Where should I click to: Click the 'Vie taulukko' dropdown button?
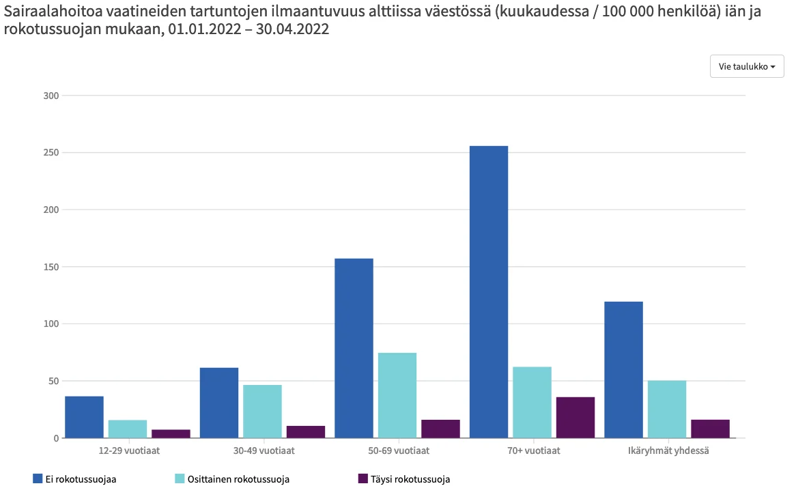(747, 66)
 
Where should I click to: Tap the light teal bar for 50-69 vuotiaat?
(397, 395)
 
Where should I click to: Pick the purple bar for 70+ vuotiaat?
(575, 417)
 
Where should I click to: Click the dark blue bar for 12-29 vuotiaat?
(84, 417)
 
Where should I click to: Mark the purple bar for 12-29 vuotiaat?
(171, 433)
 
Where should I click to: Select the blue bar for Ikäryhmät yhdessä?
(623, 369)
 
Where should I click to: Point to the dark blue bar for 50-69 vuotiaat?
(354, 348)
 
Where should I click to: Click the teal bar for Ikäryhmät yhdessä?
(667, 409)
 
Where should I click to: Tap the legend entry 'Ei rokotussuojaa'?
(74, 479)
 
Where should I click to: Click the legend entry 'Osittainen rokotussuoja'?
(232, 479)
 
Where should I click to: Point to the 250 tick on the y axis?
(51, 153)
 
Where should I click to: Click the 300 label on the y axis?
(51, 96)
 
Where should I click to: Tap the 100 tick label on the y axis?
(51, 324)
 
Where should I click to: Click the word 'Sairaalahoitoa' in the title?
(52, 12)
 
